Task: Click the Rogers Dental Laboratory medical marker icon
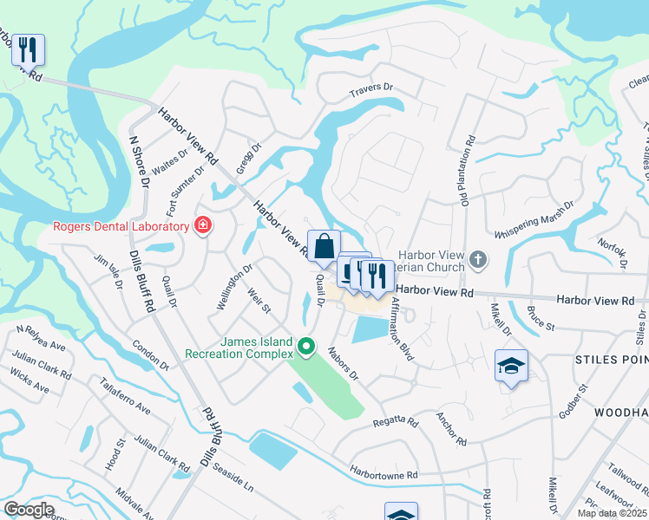point(203,226)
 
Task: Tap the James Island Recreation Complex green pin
point(305,348)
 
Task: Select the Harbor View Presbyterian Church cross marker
point(477,259)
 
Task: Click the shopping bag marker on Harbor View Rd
point(324,248)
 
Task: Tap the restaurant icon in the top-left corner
point(28,50)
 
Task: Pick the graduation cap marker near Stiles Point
point(511,367)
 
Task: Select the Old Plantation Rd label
point(467,172)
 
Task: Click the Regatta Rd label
point(396,422)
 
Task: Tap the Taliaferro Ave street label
point(125,396)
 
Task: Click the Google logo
point(29,510)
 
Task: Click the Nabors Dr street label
point(343,364)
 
